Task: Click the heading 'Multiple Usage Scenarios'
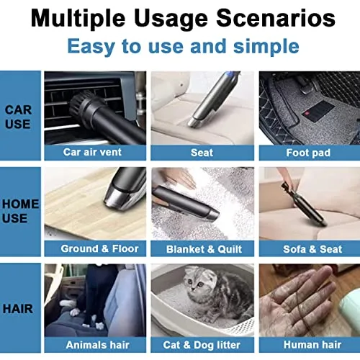tap(180, 17)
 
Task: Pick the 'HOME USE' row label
tap(19, 211)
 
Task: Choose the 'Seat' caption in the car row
tap(202, 152)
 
